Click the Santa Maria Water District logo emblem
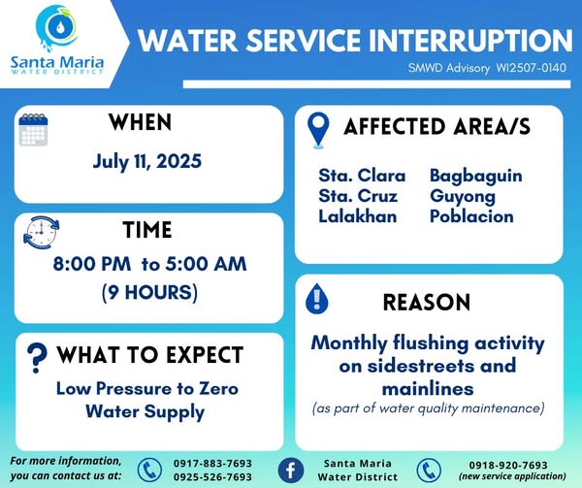click(57, 28)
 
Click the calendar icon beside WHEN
click(33, 129)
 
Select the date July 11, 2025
click(147, 161)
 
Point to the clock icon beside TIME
click(41, 232)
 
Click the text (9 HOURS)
click(149, 292)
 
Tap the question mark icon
click(37, 357)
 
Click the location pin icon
click(318, 130)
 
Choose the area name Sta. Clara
click(362, 176)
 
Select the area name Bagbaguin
click(476, 177)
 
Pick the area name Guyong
click(463, 197)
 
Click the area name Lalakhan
click(357, 216)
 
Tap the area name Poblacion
click(471, 216)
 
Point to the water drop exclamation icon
click(316, 299)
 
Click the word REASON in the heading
click(427, 302)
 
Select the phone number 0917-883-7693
click(212, 464)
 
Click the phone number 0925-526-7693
click(212, 477)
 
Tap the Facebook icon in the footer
click(291, 471)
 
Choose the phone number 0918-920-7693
click(508, 465)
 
